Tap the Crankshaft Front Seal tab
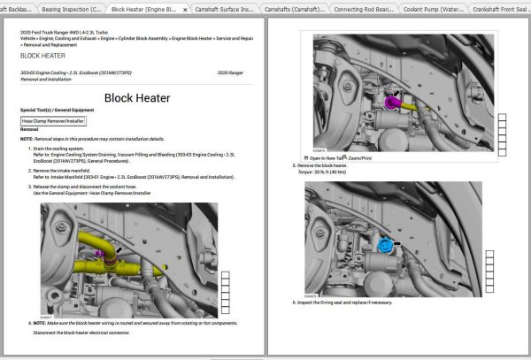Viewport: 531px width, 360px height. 498,8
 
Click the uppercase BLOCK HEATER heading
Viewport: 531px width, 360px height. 42,54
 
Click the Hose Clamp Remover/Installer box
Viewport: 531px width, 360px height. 52,119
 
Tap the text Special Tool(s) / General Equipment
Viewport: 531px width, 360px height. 57,110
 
